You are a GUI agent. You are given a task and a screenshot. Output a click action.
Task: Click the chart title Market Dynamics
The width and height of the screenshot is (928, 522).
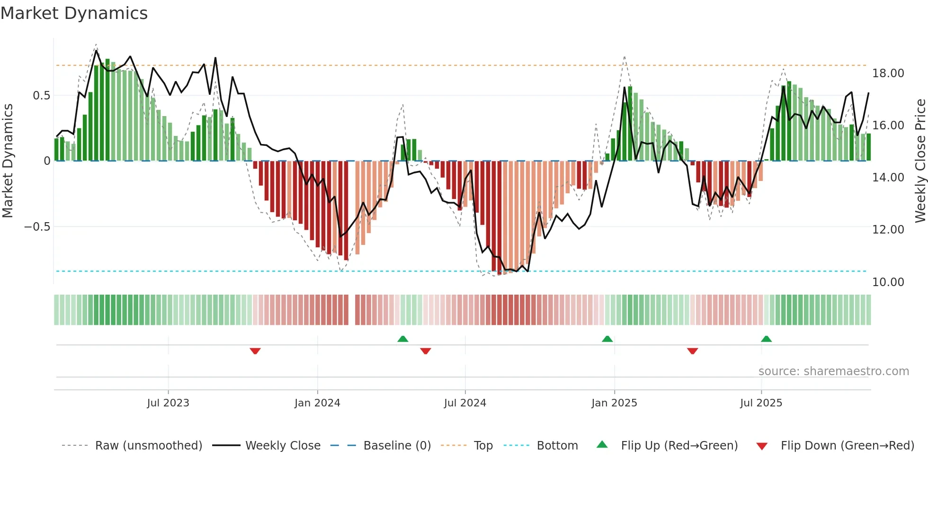(74, 13)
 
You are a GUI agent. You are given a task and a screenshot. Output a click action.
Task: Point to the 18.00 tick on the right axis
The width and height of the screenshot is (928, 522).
(888, 73)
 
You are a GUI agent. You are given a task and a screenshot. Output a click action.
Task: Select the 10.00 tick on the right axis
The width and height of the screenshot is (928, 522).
(888, 282)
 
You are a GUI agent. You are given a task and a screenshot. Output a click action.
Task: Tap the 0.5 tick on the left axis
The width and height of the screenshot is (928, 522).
(41, 96)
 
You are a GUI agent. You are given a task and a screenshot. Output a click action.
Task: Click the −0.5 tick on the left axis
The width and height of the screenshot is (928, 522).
(37, 227)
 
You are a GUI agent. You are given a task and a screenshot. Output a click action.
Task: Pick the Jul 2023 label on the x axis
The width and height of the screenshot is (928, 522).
(168, 403)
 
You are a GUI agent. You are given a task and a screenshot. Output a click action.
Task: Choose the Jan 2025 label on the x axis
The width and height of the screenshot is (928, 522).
(614, 403)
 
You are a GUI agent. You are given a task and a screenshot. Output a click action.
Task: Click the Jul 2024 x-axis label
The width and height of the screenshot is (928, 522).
(465, 403)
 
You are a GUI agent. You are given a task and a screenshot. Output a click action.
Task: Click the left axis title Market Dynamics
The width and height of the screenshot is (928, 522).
(8, 161)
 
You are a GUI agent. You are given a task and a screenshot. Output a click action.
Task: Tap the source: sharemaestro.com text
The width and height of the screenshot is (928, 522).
(833, 371)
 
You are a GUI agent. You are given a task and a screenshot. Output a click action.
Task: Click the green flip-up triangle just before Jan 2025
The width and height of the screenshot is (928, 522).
(607, 339)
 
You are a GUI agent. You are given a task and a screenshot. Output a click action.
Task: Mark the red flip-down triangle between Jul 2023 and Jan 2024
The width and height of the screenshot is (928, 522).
(255, 351)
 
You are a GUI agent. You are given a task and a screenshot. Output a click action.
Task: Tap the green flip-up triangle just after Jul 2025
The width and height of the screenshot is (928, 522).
(766, 339)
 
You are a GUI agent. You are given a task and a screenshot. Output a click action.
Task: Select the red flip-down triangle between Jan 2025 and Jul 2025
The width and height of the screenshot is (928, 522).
(692, 351)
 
